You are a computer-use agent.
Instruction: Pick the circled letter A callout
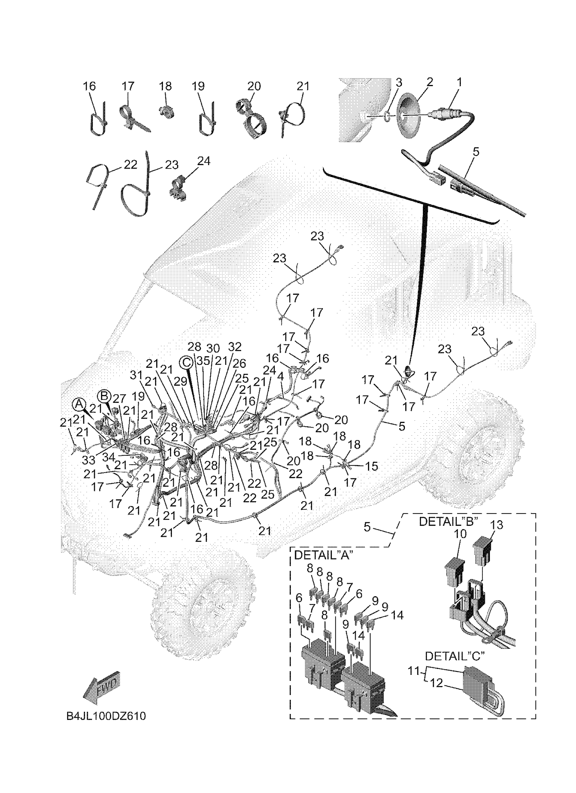click(79, 404)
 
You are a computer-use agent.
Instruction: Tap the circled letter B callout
click(104, 396)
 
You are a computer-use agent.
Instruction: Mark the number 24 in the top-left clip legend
click(204, 161)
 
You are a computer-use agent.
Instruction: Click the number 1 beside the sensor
click(459, 83)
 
